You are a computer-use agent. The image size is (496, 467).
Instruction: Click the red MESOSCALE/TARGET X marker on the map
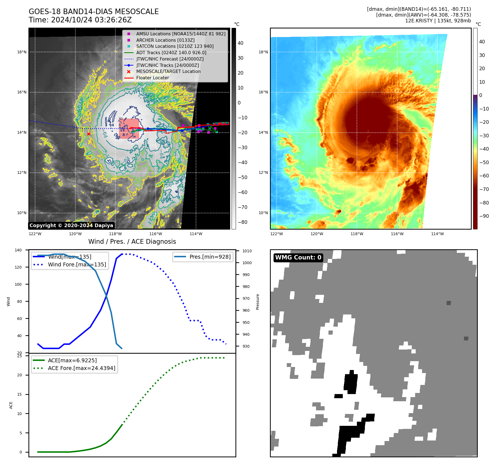tap(89, 134)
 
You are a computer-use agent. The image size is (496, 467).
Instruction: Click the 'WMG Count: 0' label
tap(298, 258)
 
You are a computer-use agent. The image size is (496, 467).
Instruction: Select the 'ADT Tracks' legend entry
tap(171, 53)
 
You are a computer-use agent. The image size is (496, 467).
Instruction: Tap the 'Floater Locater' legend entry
tap(152, 78)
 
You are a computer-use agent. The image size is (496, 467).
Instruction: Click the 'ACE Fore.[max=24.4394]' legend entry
tap(81, 368)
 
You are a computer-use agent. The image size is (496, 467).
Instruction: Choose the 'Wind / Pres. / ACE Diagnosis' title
tap(132, 242)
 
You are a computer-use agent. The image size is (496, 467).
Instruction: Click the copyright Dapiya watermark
tap(71, 225)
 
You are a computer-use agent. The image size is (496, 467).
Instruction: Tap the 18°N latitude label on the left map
tap(22, 52)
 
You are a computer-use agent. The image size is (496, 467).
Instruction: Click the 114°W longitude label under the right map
tap(437, 234)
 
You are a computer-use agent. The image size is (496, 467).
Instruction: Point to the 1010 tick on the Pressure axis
tap(247, 251)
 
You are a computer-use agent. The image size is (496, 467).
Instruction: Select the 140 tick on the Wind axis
tap(18, 250)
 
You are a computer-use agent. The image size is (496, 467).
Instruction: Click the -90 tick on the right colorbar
tap(484, 216)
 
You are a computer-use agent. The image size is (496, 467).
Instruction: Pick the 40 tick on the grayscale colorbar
tap(240, 43)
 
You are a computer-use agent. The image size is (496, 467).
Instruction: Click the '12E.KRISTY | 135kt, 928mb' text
tap(438, 21)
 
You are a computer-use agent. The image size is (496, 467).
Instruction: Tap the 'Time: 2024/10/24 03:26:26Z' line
tap(80, 20)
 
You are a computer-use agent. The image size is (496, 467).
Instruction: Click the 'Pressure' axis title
tap(258, 302)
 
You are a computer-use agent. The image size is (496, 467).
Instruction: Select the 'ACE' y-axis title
tap(11, 405)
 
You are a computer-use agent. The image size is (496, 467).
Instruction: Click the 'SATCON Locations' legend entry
tap(175, 46)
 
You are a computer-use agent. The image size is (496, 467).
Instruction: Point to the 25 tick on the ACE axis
tap(20, 356)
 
